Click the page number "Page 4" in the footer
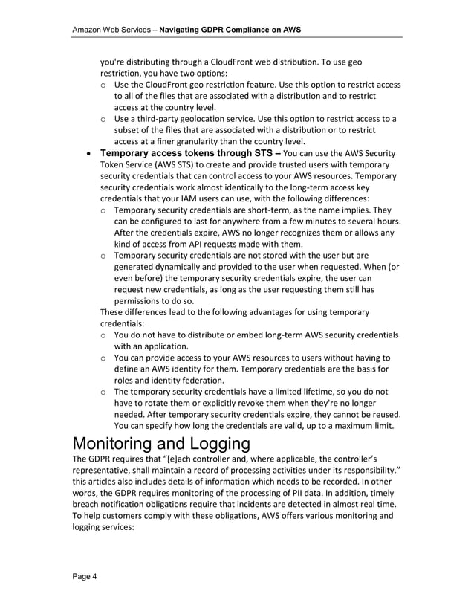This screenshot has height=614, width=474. [x=84, y=577]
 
